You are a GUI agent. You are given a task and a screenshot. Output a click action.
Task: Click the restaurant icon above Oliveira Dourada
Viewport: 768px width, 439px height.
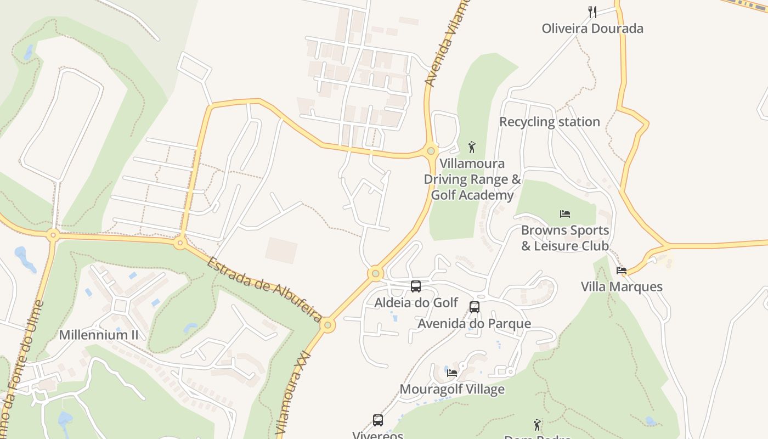coord(592,12)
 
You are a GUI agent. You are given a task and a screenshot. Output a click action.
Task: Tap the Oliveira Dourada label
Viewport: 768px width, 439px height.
coord(592,29)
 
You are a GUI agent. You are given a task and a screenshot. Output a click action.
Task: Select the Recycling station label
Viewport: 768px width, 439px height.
coord(549,122)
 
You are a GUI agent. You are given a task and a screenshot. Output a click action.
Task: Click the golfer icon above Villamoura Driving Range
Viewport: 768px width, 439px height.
coord(472,147)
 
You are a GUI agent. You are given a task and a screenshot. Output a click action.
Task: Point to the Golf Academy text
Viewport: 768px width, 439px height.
coord(472,195)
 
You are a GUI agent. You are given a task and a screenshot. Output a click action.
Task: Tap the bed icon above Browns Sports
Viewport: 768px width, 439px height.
coord(565,213)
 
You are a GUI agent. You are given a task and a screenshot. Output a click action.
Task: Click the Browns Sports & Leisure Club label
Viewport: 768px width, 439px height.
coord(565,238)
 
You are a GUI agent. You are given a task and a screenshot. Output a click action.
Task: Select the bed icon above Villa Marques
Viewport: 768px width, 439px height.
coord(622,270)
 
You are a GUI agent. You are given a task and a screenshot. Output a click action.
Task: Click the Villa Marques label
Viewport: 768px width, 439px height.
coord(622,286)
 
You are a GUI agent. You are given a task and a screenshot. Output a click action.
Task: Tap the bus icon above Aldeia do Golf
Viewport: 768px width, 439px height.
coord(416,286)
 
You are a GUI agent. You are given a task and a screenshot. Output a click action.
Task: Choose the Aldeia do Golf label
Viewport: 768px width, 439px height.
coord(416,302)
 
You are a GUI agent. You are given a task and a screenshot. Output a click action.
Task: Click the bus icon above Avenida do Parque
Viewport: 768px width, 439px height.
coord(475,307)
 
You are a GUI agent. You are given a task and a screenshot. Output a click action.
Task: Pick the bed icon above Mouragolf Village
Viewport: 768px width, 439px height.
coord(452,373)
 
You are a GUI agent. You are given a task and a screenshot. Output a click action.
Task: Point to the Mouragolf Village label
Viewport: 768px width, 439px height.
coord(452,389)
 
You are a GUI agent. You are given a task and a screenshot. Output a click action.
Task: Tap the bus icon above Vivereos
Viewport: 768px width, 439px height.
coord(378,420)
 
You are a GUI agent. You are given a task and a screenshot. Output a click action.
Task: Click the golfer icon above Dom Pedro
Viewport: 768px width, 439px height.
coord(537,425)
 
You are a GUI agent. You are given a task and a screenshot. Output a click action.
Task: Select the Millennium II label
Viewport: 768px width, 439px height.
coord(99,335)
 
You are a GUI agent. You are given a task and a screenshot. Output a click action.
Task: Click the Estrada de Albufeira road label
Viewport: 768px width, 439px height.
coord(264,289)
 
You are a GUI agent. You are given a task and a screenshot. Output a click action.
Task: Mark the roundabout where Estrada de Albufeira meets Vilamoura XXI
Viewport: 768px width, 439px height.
coord(327,325)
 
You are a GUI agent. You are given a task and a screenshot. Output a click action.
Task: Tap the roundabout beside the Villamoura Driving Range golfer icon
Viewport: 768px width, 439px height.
coord(431,151)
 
